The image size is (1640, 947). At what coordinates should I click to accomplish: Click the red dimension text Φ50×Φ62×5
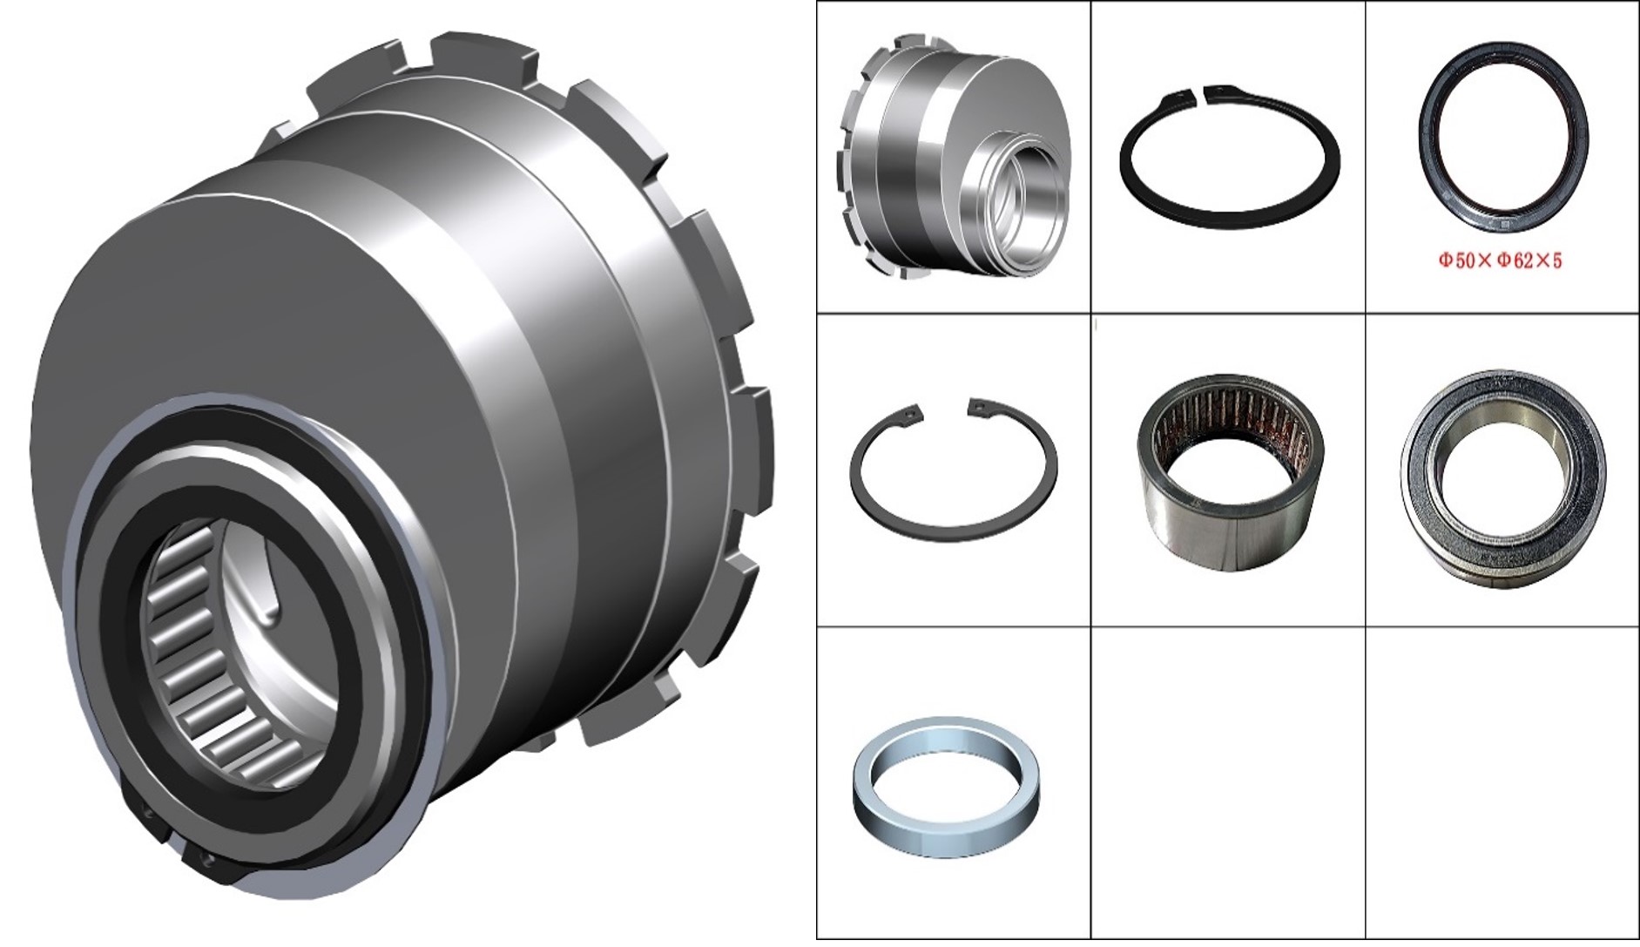click(1500, 260)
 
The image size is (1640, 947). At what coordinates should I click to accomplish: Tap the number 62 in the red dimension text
click(1522, 260)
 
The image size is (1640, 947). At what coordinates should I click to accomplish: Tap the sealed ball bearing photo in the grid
click(1504, 477)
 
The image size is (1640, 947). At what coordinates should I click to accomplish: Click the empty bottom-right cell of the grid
click(1502, 782)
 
